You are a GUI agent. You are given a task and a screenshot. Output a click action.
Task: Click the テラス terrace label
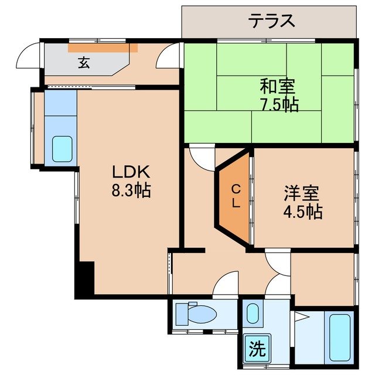point(270,22)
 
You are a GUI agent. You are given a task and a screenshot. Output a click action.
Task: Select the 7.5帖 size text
point(279,105)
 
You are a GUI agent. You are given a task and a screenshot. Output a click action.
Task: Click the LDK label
point(132,172)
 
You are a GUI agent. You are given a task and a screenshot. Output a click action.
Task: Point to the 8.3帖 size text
point(132,190)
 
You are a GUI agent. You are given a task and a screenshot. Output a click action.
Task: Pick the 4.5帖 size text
point(302,211)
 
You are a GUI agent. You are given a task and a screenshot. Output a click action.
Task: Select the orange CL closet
point(234,197)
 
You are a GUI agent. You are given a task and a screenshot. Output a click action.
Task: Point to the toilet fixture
point(196,315)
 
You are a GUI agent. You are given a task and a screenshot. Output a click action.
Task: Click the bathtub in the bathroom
point(339,338)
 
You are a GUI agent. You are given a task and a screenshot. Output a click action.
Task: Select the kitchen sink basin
point(62,149)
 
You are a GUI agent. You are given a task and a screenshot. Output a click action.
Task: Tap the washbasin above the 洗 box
point(253,314)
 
